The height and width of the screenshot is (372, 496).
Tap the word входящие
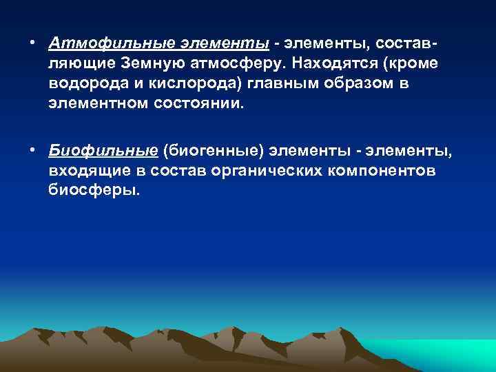click(83, 170)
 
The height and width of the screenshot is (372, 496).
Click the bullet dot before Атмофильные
click(32, 44)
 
